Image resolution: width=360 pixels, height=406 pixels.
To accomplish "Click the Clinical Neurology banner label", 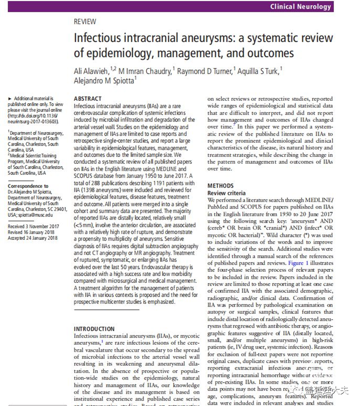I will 300,6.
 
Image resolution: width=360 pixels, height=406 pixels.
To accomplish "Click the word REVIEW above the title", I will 85,22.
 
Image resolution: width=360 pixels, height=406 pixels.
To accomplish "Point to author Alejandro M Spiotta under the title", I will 104,81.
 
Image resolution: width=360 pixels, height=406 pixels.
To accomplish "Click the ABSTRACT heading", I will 87,99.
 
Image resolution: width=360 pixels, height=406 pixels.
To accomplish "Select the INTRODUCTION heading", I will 94,329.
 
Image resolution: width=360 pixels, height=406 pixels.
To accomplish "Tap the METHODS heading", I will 221,186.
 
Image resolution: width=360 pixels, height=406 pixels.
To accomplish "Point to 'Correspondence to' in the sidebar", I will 28,186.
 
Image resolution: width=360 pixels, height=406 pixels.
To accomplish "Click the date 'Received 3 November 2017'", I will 33,227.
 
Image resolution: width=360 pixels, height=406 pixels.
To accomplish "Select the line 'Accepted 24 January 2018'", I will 33,238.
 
